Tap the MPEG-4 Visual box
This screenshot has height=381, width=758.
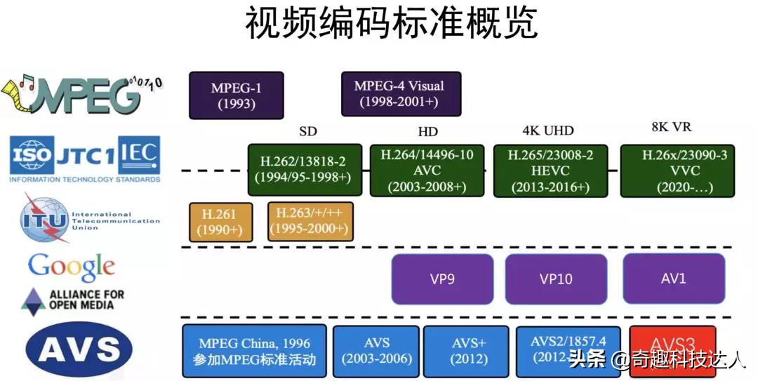pos(401,94)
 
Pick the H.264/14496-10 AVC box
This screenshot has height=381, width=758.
pos(427,171)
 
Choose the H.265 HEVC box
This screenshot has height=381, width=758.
pos(550,171)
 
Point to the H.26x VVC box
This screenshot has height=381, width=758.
pos(677,171)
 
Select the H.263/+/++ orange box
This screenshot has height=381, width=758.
pos(310,222)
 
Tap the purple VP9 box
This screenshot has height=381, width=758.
pos(442,279)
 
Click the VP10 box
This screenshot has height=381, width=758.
pos(556,279)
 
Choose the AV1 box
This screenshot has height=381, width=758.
pos(673,279)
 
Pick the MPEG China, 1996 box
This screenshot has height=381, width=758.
pos(254,352)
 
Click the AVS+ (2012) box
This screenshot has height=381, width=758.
pos(466,352)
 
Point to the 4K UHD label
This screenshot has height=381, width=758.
pos(548,131)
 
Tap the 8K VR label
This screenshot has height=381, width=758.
pos(671,128)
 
